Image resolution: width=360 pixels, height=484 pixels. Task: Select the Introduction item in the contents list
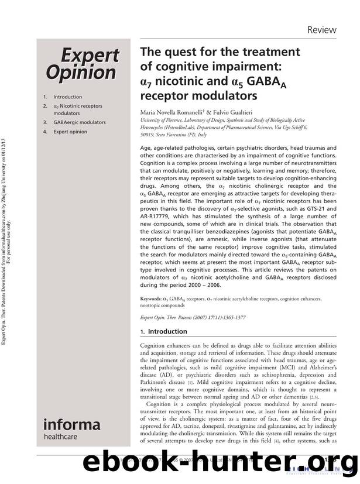(x=67, y=97)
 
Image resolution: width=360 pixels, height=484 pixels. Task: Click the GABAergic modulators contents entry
(x=79, y=122)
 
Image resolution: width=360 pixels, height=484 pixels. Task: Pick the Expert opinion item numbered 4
(x=70, y=132)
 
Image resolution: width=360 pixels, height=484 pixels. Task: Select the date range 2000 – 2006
(x=202, y=285)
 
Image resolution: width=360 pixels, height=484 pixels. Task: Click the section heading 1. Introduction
(x=164, y=331)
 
